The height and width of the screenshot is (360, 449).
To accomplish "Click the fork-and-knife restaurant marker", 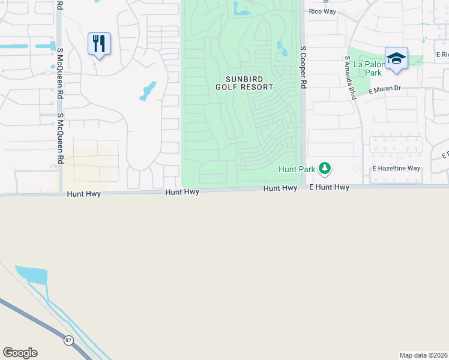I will [x=99, y=44].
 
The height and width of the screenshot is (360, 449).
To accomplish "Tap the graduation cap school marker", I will [x=396, y=59].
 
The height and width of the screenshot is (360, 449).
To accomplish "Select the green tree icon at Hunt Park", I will [x=325, y=169].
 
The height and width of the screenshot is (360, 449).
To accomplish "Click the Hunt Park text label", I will [x=297, y=170].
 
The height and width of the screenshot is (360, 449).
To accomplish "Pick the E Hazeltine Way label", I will [x=396, y=169].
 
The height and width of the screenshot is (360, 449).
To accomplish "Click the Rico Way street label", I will [x=322, y=11].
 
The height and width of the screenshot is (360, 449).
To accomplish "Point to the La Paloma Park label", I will [x=367, y=68].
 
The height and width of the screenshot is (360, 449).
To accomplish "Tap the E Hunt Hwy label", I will [x=329, y=188].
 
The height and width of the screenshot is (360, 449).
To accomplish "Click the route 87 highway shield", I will [x=69, y=340].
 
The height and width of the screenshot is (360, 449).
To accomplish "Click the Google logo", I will [x=20, y=353].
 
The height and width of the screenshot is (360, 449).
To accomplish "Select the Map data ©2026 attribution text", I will [x=423, y=355].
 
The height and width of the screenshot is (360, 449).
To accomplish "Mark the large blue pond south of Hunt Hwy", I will [x=32, y=274].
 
